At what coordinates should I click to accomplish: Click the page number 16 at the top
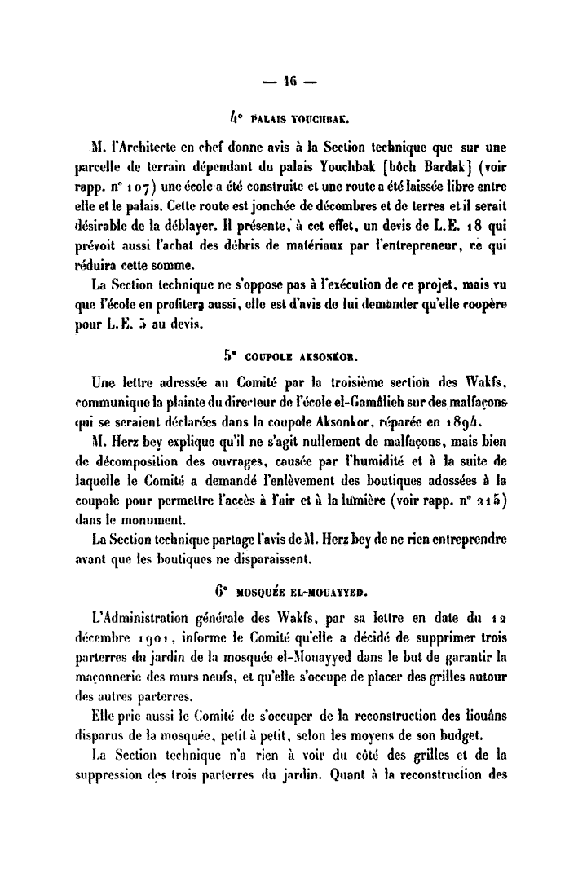[x=294, y=82]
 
